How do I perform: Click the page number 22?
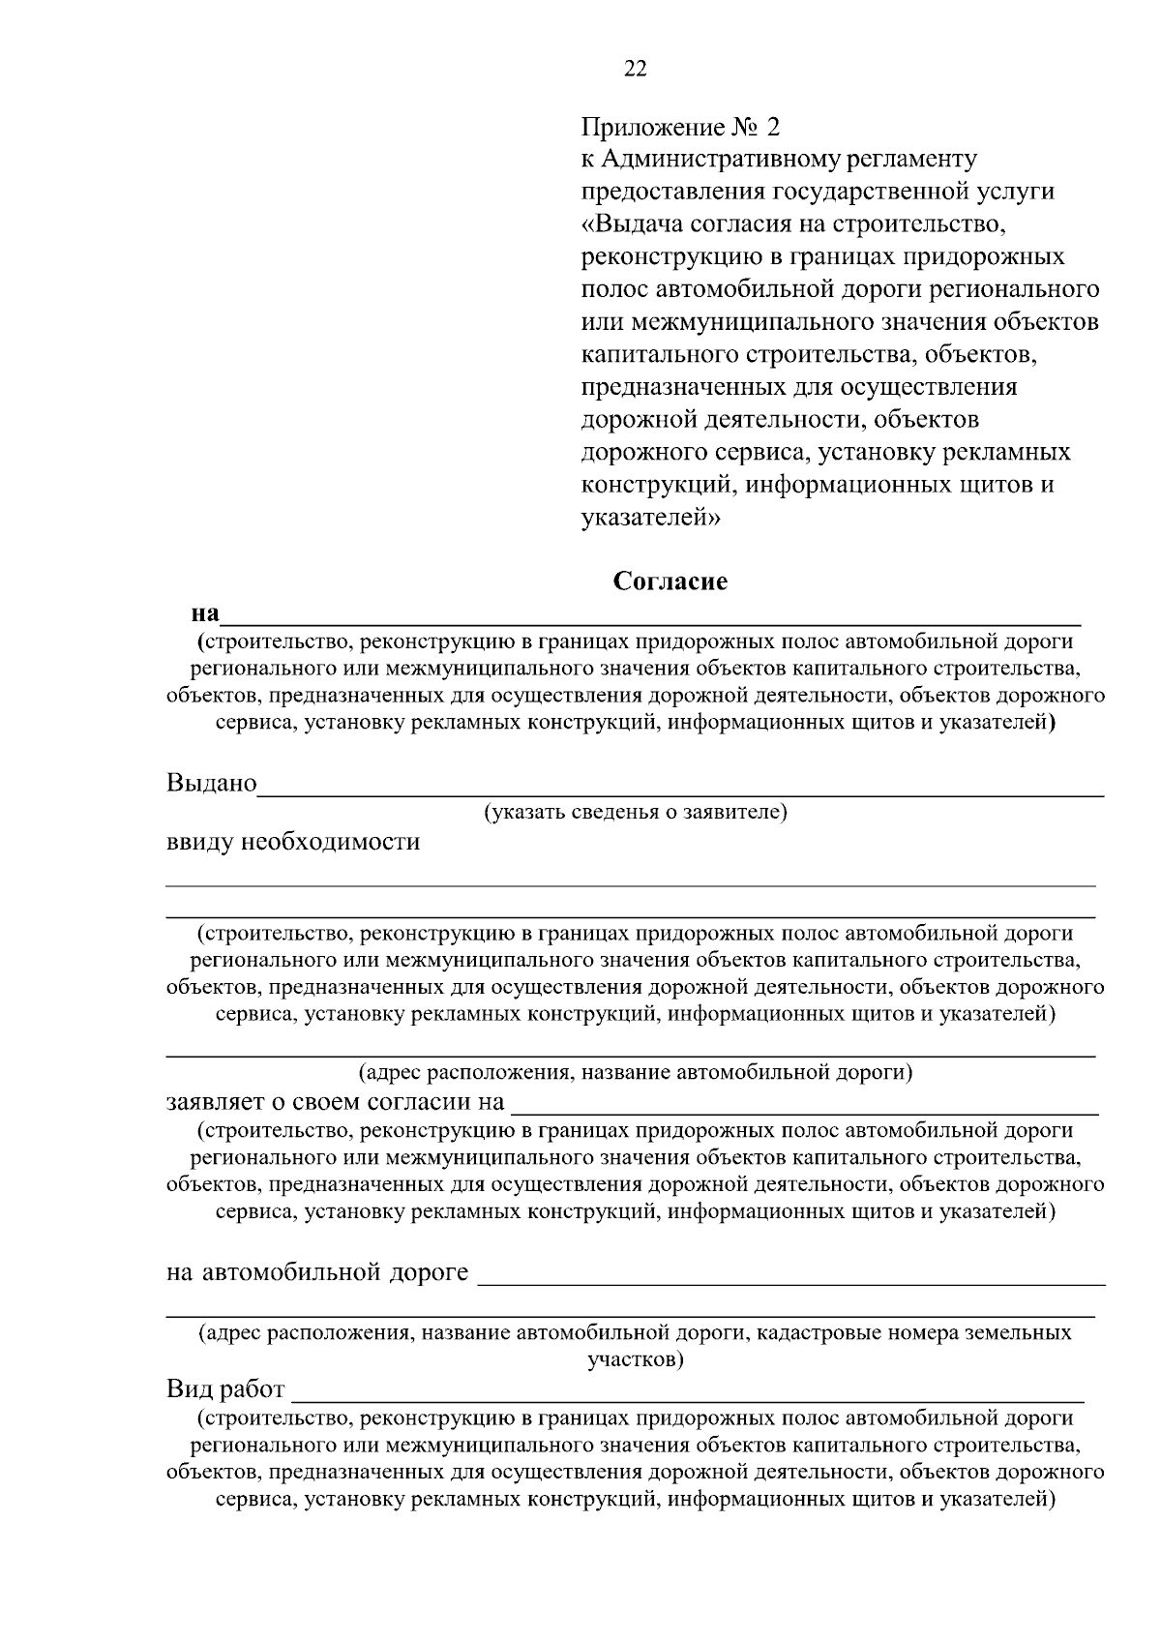click(636, 69)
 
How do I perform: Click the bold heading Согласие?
click(670, 582)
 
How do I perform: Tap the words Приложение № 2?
click(679, 127)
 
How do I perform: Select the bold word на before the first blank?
click(205, 613)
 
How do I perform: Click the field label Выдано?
click(212, 782)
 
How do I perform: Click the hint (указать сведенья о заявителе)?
click(636, 813)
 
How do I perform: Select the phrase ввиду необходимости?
click(293, 841)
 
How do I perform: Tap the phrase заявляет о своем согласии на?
click(336, 1102)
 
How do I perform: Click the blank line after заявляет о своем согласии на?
click(804, 1112)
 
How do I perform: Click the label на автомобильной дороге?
click(317, 1272)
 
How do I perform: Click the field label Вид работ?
click(225, 1390)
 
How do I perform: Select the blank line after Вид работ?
click(688, 1399)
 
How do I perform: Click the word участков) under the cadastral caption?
click(636, 1359)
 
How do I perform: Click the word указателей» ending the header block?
click(651, 518)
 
